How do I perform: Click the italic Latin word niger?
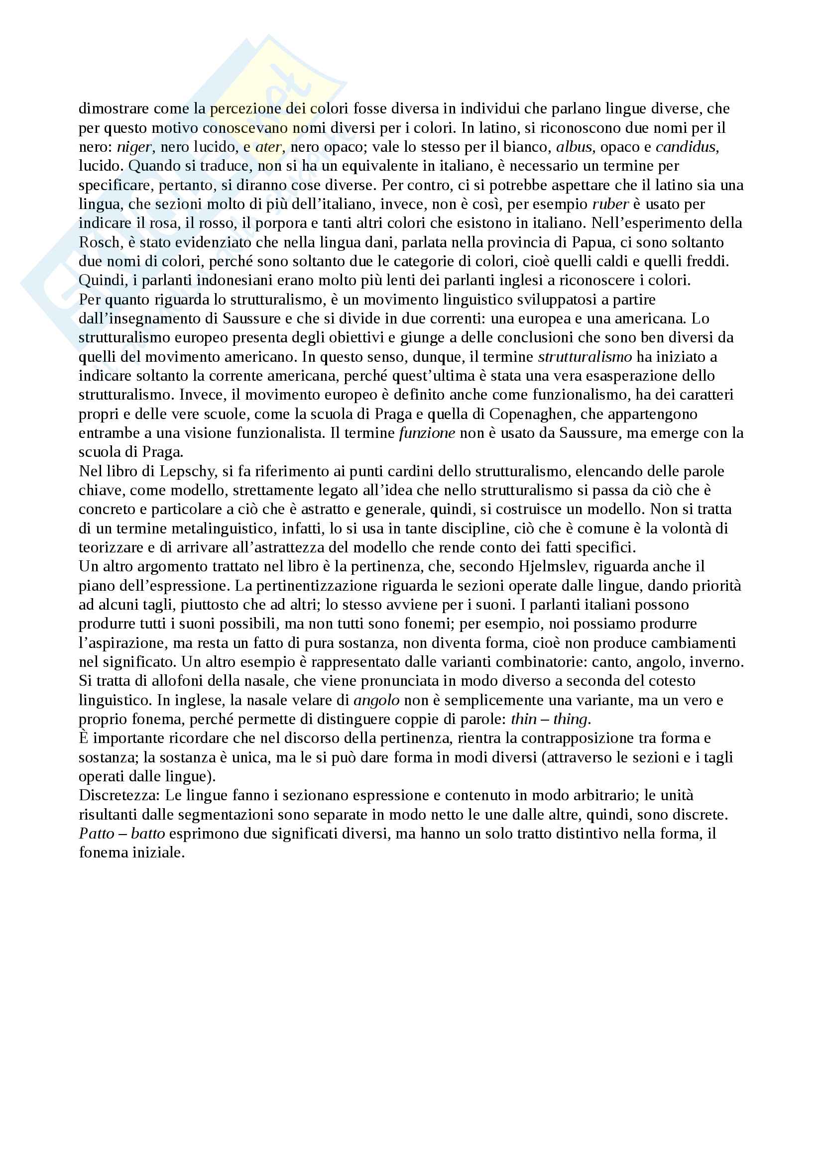point(134,147)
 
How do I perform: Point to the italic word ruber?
point(610,205)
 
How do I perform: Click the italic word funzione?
point(427,433)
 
